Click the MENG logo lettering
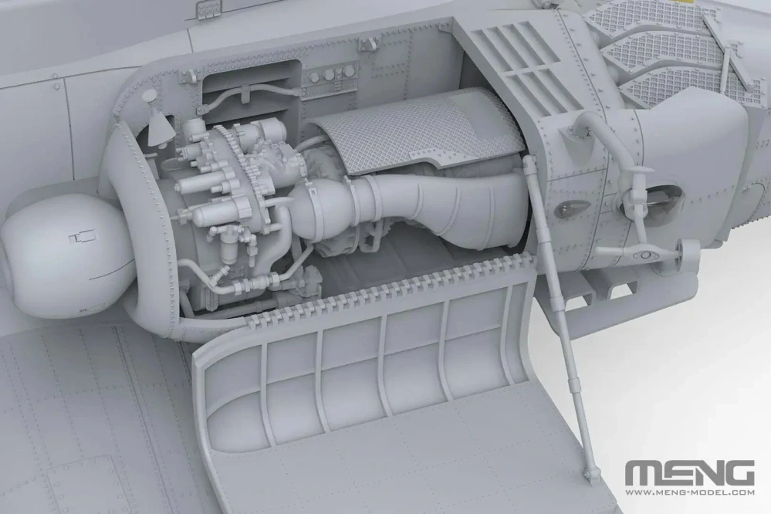(689, 474)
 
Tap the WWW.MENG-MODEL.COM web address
(689, 492)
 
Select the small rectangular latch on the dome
(82, 238)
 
